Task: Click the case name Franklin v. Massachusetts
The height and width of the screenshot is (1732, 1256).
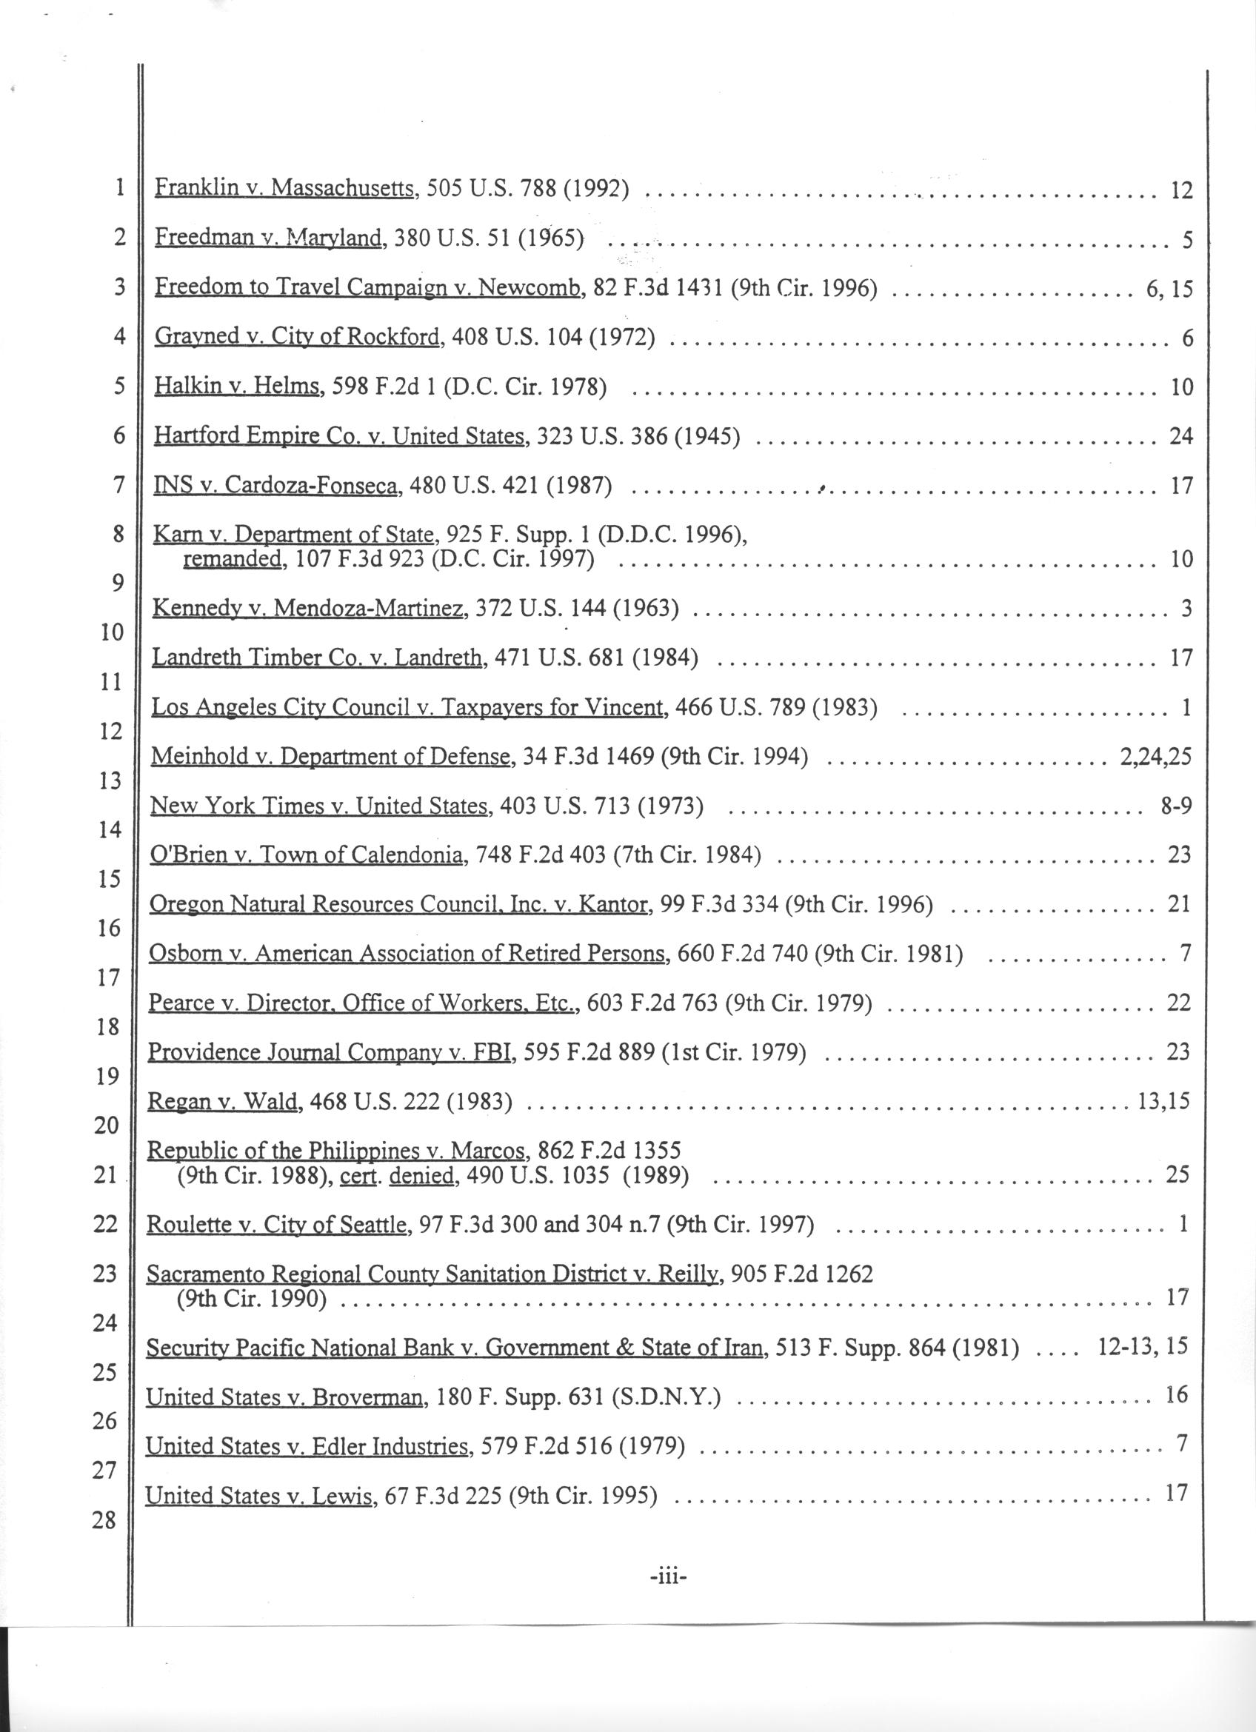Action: click(285, 188)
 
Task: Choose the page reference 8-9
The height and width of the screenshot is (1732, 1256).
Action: click(1175, 806)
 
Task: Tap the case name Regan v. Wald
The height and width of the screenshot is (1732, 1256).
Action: click(222, 1100)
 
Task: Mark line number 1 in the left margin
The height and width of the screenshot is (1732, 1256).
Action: click(119, 188)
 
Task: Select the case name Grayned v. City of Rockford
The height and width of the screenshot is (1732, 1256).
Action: click(298, 337)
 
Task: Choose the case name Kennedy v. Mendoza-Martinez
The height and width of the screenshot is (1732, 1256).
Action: click(310, 608)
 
